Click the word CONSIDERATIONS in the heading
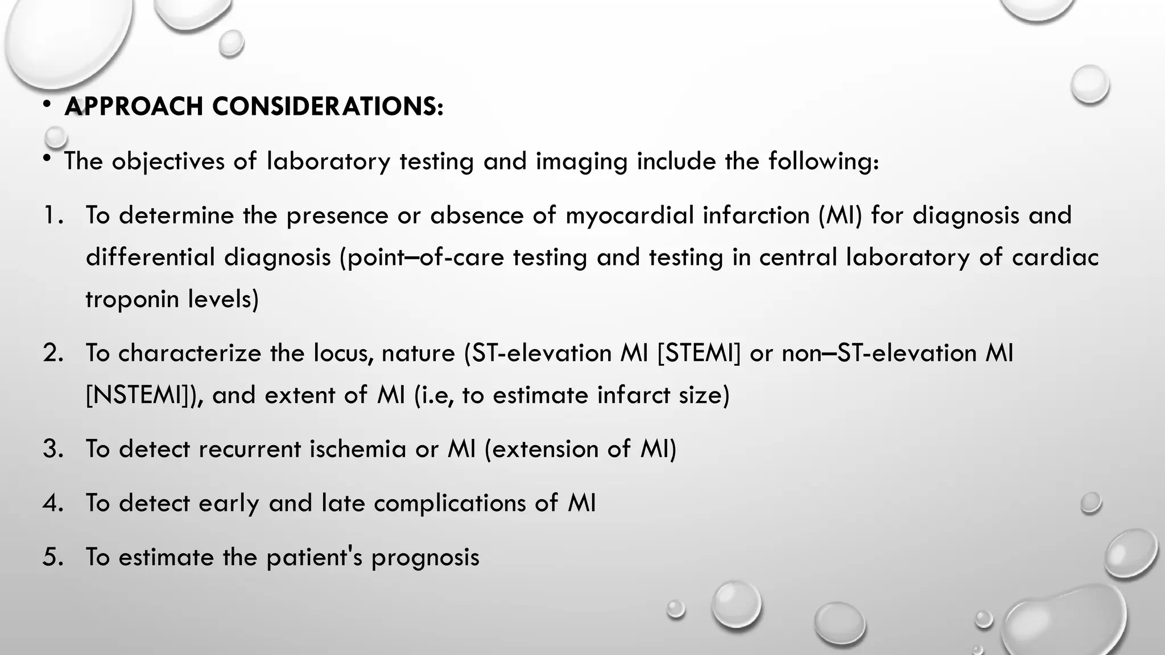pos(328,106)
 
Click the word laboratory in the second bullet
pos(328,161)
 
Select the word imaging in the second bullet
pos(581,162)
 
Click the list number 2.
pos(52,353)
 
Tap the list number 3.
pos(52,449)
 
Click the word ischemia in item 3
pos(358,449)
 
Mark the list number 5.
pos(52,557)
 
